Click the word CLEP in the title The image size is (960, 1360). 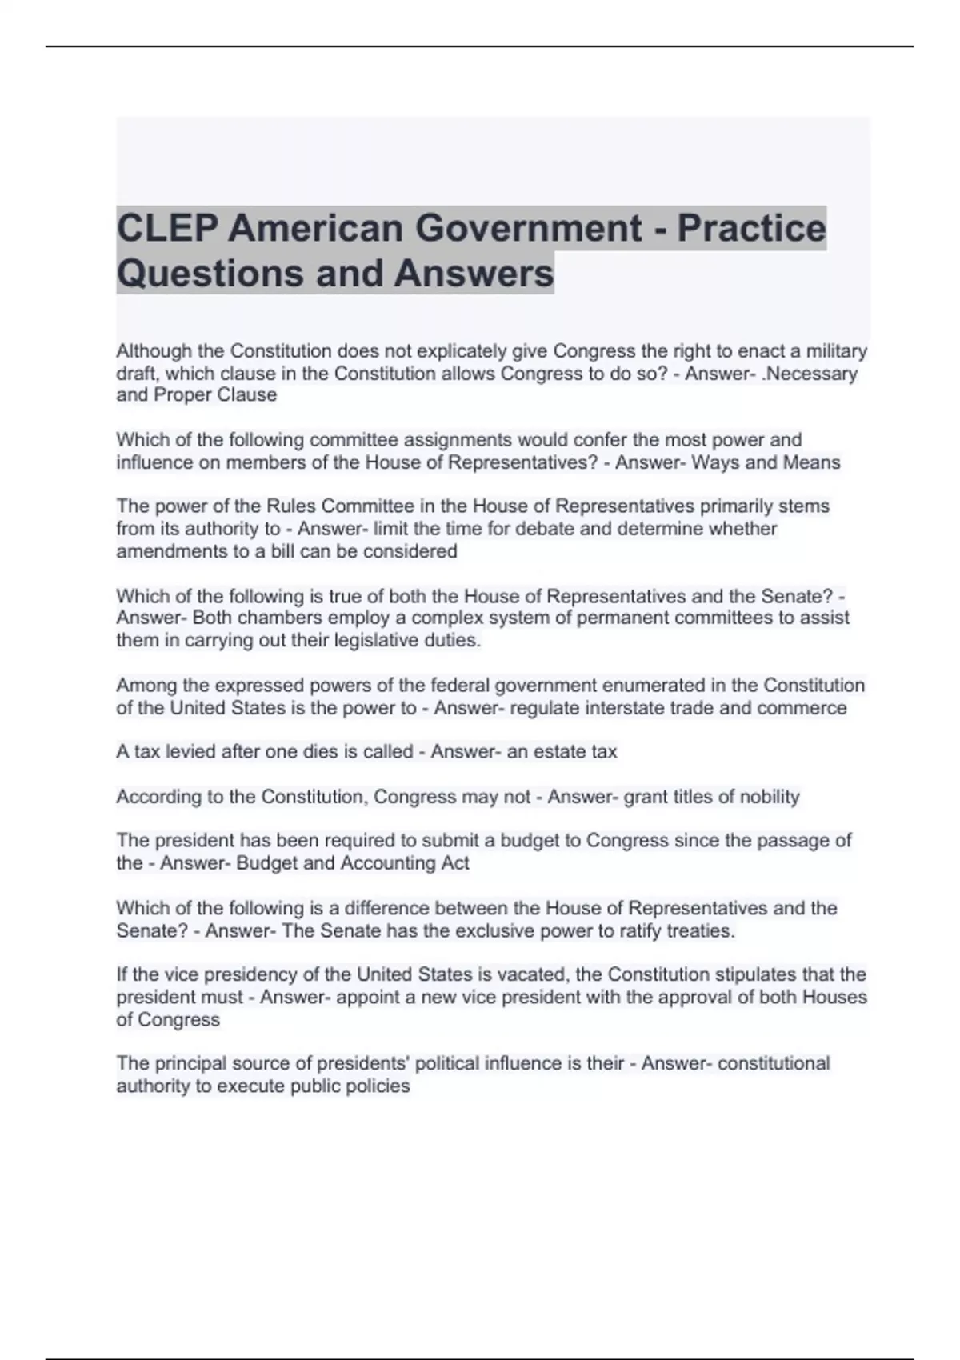(166, 228)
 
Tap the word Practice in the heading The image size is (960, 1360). (752, 228)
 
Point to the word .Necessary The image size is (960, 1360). (810, 374)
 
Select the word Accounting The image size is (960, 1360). (386, 863)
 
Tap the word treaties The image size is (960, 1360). (701, 931)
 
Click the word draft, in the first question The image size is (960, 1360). (138, 374)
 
